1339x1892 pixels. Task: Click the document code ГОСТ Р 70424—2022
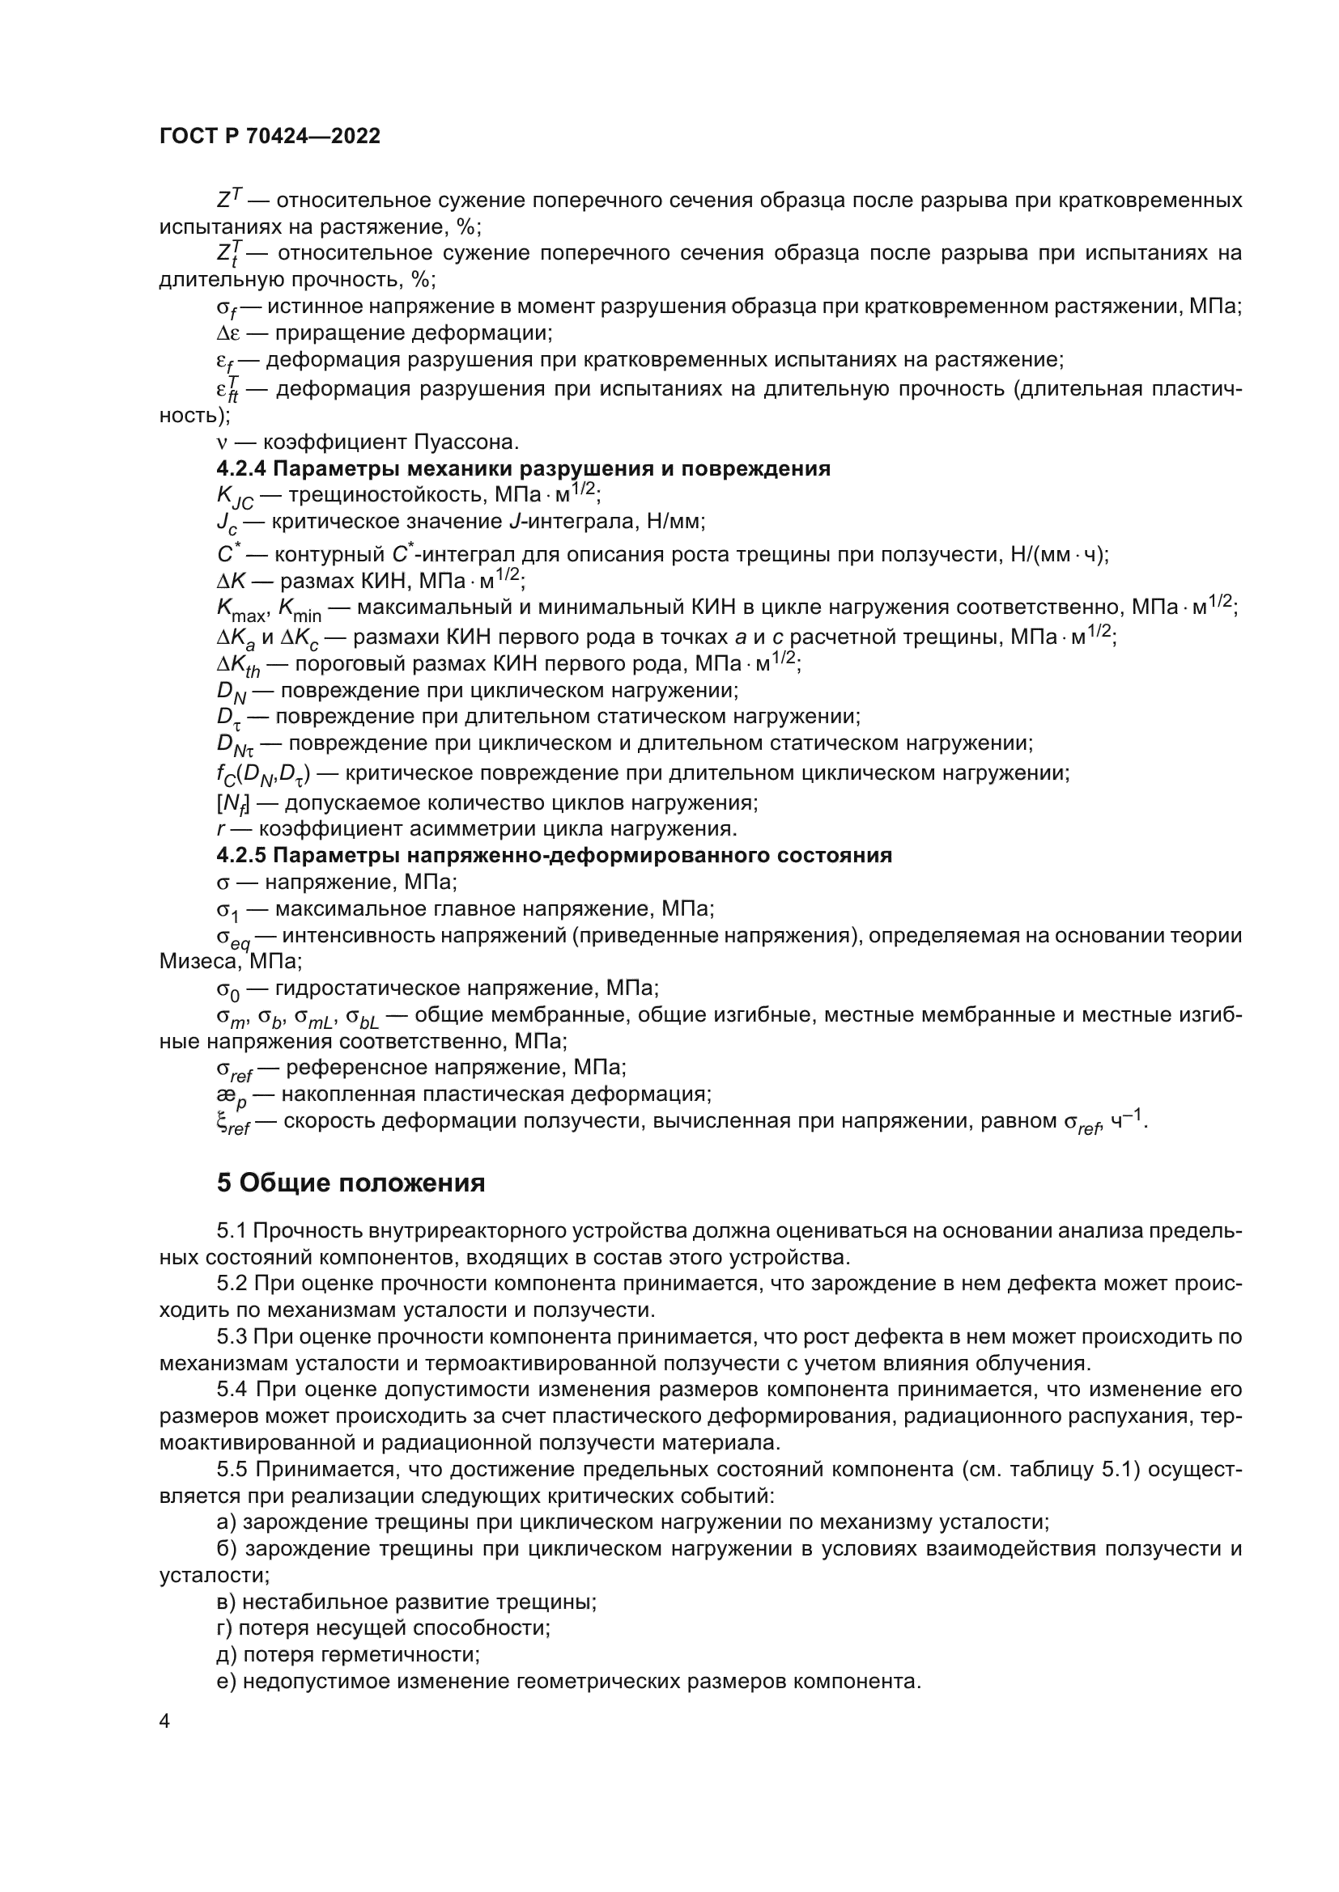coord(270,137)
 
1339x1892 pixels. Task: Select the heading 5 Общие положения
coord(351,1183)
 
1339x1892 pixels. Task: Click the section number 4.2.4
coord(240,469)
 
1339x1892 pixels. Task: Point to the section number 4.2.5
coord(240,854)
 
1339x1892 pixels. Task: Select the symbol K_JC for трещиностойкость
coord(234,497)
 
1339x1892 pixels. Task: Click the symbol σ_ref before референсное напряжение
coord(233,1070)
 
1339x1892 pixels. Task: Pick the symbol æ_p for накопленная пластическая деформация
coord(231,1097)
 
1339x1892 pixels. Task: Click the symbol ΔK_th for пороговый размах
coord(237,666)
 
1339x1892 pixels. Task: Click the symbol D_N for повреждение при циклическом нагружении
coord(232,693)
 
